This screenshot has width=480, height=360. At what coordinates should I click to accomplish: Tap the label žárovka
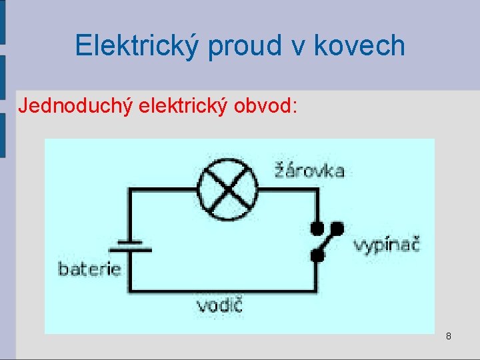pos(309,171)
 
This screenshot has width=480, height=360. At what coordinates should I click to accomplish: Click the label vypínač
pos(386,245)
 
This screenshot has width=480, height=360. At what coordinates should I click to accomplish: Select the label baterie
pos(90,269)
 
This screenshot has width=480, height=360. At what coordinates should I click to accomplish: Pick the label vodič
pos(219,306)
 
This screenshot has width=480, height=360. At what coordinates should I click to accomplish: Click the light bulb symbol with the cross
pos(229,189)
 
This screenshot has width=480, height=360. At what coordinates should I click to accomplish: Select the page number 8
pos(449,336)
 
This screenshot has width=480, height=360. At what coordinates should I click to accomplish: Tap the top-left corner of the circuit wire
pos(129,189)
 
